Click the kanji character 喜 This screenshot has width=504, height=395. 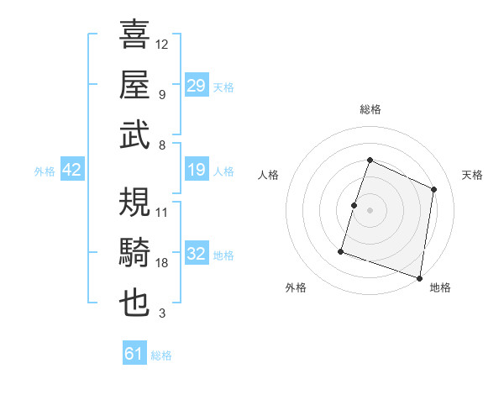(x=134, y=35)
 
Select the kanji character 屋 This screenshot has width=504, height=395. (x=134, y=85)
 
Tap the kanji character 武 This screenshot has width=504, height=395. (x=134, y=135)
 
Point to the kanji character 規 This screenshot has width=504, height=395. (x=134, y=202)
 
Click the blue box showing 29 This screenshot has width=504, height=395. (x=197, y=86)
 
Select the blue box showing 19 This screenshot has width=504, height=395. (x=197, y=171)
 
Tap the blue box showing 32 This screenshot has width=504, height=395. (x=197, y=254)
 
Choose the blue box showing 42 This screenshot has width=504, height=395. (x=72, y=171)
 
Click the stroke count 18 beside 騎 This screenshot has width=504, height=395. (x=162, y=263)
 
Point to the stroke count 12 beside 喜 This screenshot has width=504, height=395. (x=162, y=45)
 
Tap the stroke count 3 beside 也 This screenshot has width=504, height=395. (x=162, y=313)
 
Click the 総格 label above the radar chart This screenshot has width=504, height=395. (x=370, y=109)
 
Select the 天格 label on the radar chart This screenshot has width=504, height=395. (x=473, y=175)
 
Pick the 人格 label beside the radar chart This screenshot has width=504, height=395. (x=268, y=175)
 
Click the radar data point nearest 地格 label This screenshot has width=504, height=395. (x=419, y=277)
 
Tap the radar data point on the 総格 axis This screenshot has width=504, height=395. (x=370, y=161)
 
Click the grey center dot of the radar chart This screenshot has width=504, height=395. (x=370, y=210)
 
